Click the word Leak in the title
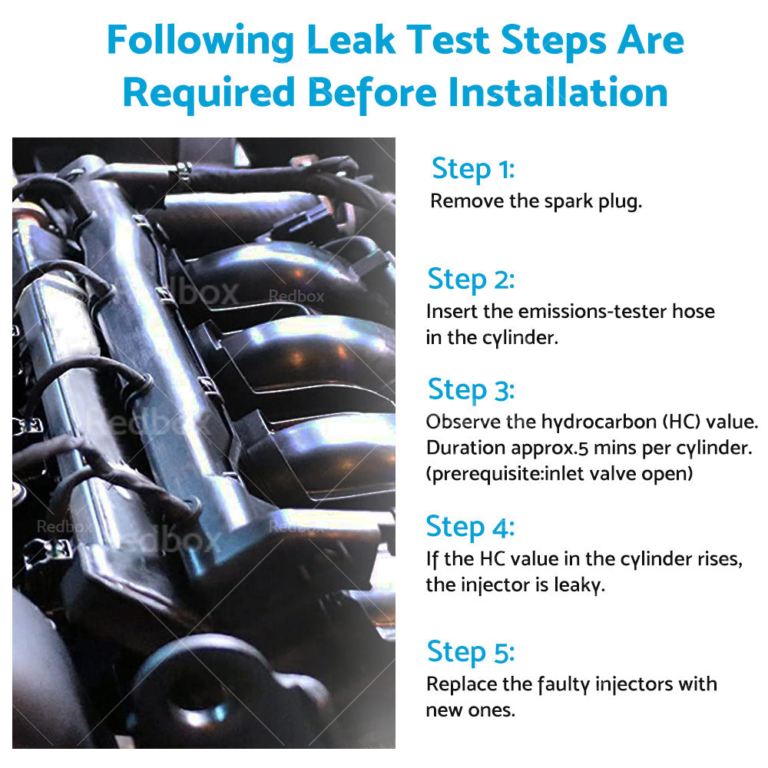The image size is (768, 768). (x=351, y=40)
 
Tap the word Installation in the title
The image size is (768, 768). (x=558, y=92)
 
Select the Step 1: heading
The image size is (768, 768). (x=473, y=170)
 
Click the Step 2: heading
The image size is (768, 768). (x=472, y=280)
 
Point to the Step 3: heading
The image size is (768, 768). (x=472, y=390)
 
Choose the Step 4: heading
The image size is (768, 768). (x=470, y=527)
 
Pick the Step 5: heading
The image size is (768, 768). (x=471, y=652)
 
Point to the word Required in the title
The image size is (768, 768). (x=209, y=93)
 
